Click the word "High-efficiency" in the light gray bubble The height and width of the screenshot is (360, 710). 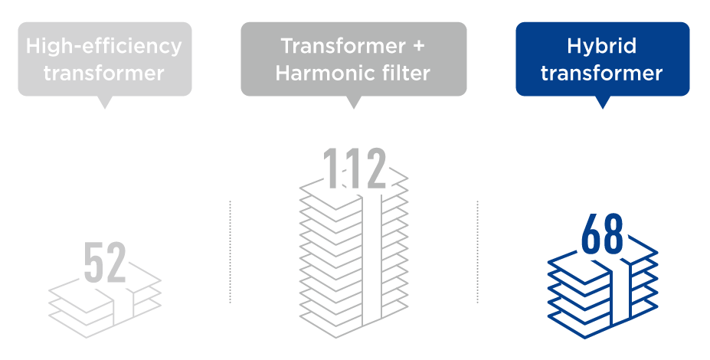(x=103, y=46)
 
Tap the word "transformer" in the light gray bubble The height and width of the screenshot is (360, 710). (x=103, y=74)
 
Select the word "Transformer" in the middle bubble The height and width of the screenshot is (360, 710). (x=343, y=46)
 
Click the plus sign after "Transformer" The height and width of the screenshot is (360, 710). (x=419, y=46)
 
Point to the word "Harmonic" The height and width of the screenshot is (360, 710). (x=320, y=74)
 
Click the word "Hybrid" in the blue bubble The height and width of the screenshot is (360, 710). (x=602, y=47)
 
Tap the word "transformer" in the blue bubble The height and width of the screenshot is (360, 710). (x=602, y=74)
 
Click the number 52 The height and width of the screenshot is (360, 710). (x=105, y=263)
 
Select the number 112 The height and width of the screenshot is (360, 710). (x=354, y=168)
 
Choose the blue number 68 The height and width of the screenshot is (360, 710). (x=602, y=234)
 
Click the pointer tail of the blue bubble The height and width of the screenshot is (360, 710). (x=602, y=103)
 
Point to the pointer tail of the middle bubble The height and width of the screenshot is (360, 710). (x=354, y=103)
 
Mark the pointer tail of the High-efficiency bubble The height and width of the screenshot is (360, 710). (x=105, y=103)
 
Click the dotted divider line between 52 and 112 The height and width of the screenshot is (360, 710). (x=230, y=252)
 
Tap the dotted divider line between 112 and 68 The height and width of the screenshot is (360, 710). (x=477, y=252)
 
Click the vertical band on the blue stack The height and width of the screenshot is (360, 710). (x=620, y=294)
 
